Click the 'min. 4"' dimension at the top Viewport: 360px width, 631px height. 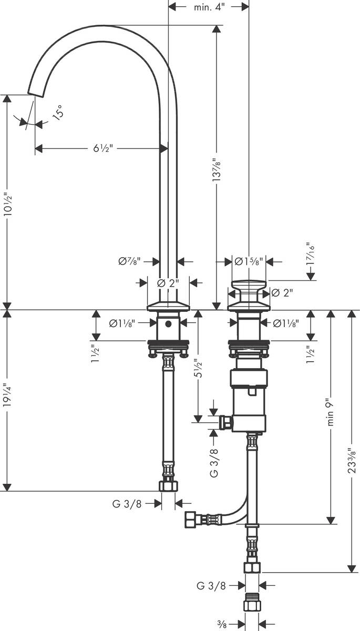208,7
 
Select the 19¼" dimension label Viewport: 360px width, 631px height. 7,399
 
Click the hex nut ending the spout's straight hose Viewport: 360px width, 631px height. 168,486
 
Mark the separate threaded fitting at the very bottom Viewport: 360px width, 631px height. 252,603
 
